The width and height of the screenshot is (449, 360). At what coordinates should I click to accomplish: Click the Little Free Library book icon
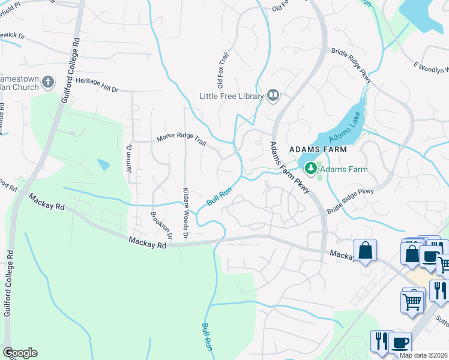(x=273, y=96)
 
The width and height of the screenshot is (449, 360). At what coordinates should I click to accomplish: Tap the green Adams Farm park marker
(x=311, y=169)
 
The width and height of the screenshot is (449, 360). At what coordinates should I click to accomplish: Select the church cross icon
(x=48, y=82)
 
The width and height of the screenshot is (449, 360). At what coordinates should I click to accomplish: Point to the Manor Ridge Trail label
(x=181, y=140)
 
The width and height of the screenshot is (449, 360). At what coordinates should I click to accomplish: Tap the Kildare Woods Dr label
(x=186, y=209)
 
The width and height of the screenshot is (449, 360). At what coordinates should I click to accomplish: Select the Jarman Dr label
(x=129, y=158)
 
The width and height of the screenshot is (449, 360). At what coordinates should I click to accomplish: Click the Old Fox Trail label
(x=223, y=70)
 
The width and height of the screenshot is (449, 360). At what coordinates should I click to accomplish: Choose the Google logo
(x=20, y=353)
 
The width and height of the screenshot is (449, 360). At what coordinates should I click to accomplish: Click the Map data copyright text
(x=424, y=355)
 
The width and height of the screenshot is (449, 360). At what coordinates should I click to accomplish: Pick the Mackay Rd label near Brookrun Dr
(x=147, y=243)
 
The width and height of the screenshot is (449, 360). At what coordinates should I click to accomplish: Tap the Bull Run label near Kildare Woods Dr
(x=219, y=196)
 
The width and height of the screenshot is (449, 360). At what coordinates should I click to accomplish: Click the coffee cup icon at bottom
(x=400, y=343)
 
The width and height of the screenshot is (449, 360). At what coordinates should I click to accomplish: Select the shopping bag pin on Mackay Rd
(x=365, y=251)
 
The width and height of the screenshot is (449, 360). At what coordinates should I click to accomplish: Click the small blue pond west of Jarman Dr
(x=103, y=164)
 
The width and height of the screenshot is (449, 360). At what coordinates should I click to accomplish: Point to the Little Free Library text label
(x=232, y=96)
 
